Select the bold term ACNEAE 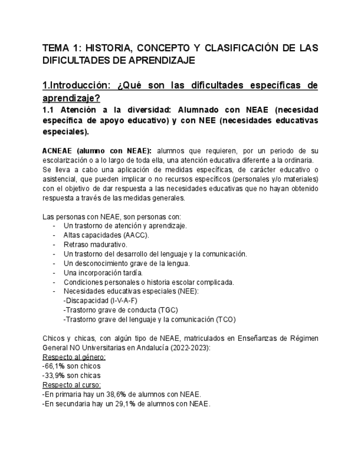click(x=58, y=151)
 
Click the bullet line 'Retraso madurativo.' click(x=95, y=244)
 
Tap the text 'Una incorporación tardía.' click(x=103, y=273)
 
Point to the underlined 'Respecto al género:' click(x=74, y=357)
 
